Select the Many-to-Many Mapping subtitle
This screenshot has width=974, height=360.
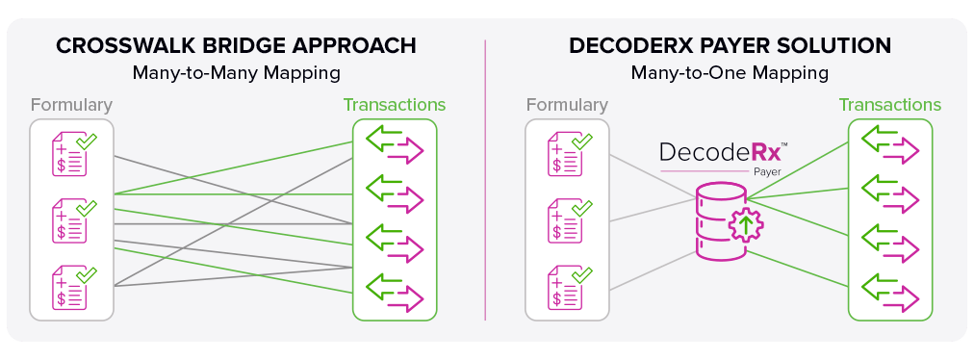[x=236, y=73]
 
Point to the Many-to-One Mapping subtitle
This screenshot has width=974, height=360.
[x=730, y=73]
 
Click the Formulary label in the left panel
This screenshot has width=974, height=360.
[x=71, y=105]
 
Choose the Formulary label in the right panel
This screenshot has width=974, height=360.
[x=567, y=105]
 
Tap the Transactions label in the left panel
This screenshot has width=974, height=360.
[x=395, y=105]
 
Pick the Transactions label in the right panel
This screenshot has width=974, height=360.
[x=890, y=105]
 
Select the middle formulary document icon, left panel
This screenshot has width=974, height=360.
[x=73, y=220]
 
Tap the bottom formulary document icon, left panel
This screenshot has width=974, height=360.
[x=73, y=287]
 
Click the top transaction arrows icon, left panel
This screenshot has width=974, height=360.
[x=395, y=145]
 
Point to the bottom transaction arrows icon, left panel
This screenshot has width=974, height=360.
[x=395, y=294]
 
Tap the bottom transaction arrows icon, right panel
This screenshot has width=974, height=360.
[x=889, y=294]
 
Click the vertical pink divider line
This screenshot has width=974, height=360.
[x=485, y=180]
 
